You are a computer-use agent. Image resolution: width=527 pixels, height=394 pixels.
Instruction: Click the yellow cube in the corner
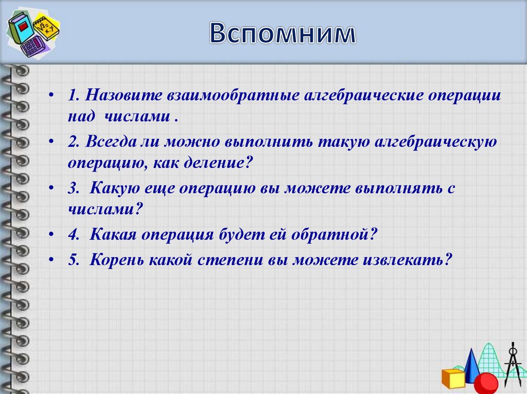click(453, 378)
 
